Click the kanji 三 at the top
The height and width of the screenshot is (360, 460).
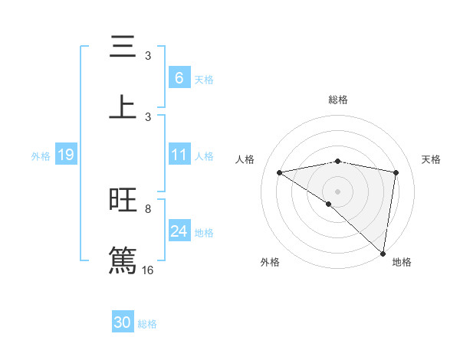pyautogui.click(x=123, y=47)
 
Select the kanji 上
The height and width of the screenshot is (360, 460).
pyautogui.click(x=123, y=106)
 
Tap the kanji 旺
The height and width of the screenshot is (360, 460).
pyautogui.click(x=123, y=200)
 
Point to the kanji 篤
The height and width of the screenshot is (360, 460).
pyautogui.click(x=123, y=259)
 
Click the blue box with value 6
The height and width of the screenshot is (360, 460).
pyautogui.click(x=179, y=77)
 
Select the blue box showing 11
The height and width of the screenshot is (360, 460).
pyautogui.click(x=179, y=155)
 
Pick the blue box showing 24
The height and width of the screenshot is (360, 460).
pyautogui.click(x=179, y=231)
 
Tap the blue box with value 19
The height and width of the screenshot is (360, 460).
pyautogui.click(x=65, y=155)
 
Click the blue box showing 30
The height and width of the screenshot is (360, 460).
pyautogui.click(x=123, y=322)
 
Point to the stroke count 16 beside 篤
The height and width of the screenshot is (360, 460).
pyautogui.click(x=148, y=270)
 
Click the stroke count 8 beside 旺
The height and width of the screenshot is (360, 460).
pyautogui.click(x=148, y=208)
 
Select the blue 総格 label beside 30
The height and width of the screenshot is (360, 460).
pyautogui.click(x=148, y=324)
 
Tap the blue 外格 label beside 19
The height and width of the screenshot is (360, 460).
pyautogui.click(x=41, y=156)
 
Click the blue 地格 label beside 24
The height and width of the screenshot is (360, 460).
pyautogui.click(x=204, y=233)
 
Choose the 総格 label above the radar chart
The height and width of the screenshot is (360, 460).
pyautogui.click(x=338, y=100)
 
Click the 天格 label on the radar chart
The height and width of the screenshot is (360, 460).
pyautogui.click(x=432, y=159)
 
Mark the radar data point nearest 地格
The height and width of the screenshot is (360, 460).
pyautogui.click(x=383, y=253)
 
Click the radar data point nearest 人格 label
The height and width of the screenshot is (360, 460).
pyautogui.click(x=280, y=172)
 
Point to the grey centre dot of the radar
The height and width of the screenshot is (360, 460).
pyautogui.click(x=337, y=190)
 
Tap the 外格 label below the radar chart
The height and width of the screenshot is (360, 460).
pyautogui.click(x=270, y=262)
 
